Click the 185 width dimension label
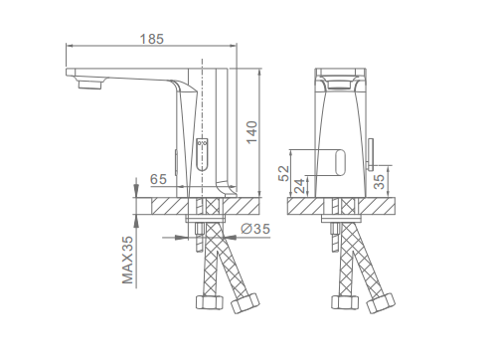[152, 39]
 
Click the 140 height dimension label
[251, 132]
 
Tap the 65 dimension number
[158, 179]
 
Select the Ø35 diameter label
[255, 229]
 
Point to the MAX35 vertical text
[127, 260]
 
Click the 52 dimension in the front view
[283, 173]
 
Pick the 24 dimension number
[299, 186]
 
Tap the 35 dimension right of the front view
[380, 181]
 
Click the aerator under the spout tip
[89, 85]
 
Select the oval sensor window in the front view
[340, 162]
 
